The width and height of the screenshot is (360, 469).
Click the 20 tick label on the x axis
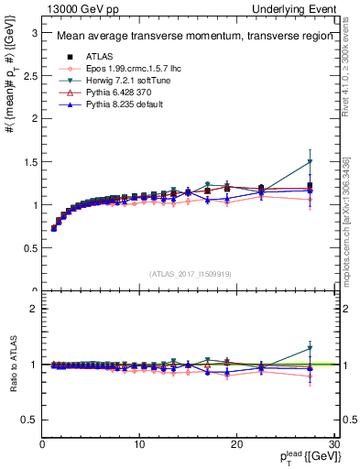pyautogui.click(x=236, y=444)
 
